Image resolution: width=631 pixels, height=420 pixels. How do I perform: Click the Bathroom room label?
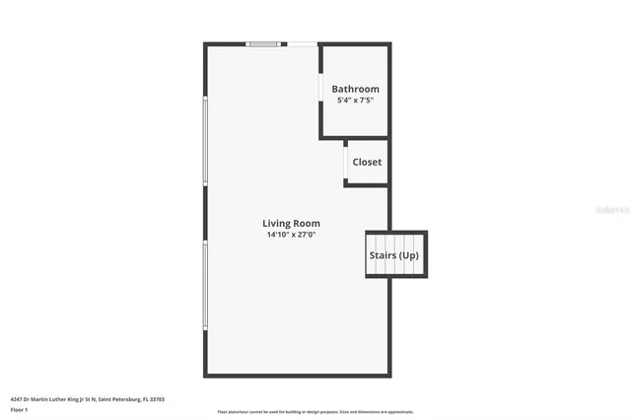(x=355, y=89)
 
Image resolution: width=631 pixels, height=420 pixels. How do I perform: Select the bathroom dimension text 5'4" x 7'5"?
(x=355, y=100)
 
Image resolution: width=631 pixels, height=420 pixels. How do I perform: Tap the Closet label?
(x=367, y=162)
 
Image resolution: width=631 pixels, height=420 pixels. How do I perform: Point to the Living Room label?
(x=291, y=223)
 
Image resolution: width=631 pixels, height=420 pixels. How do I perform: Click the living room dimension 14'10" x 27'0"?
(x=291, y=235)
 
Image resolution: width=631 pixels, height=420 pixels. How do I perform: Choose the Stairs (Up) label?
(x=394, y=255)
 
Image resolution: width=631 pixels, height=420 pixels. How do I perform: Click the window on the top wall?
(x=263, y=43)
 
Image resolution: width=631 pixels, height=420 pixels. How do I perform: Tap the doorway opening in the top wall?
(x=303, y=43)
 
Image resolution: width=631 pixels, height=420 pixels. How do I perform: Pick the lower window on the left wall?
(x=205, y=286)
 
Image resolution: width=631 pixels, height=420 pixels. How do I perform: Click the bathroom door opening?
(x=321, y=88)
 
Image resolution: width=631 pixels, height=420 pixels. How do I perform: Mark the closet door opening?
(x=345, y=162)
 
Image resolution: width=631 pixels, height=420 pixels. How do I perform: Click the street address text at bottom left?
(x=87, y=399)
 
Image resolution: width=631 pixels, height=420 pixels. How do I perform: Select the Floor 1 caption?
(x=19, y=409)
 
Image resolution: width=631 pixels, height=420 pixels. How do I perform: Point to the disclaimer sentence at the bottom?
(x=315, y=411)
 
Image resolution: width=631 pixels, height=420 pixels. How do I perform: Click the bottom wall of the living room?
(x=297, y=375)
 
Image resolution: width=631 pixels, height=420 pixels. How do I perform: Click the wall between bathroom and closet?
(x=355, y=137)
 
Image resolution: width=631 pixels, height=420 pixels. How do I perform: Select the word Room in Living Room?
(x=307, y=223)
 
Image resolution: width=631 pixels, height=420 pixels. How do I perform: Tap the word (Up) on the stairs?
(x=408, y=255)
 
